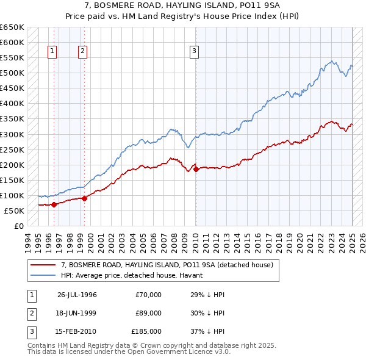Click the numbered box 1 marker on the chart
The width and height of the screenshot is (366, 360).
tap(52, 52)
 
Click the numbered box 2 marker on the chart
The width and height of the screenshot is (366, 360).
tap(82, 52)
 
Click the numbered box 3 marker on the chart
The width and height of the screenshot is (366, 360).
tap(194, 52)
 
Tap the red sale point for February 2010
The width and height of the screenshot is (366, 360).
tap(196, 170)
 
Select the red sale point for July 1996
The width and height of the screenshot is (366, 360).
tap(54, 204)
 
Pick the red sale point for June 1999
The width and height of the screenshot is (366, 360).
tap(84, 198)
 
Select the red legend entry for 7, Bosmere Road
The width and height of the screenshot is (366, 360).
tap(170, 265)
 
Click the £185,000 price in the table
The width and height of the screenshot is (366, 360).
tap(146, 331)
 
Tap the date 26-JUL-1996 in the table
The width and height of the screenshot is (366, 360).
tap(77, 295)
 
